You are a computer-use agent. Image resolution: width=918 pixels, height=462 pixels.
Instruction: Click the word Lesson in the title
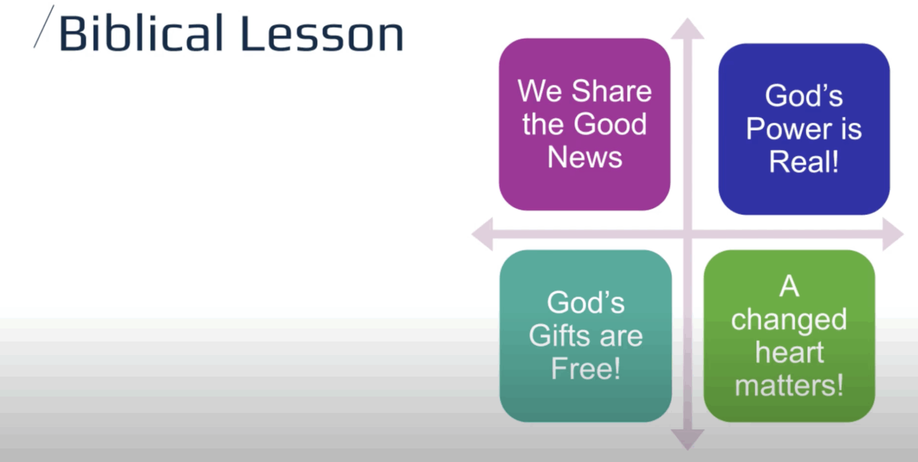pos(322,34)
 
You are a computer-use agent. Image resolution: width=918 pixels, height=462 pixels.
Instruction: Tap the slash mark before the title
pos(43,26)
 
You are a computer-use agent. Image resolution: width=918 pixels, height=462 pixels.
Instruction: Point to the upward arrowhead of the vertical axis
pos(687,29)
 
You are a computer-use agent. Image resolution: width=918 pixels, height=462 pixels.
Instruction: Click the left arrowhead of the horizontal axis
pos(482,234)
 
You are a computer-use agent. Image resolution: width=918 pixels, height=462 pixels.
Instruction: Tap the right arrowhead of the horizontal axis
pos(893,234)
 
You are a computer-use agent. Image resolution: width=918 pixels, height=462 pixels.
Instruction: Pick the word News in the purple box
pos(585,157)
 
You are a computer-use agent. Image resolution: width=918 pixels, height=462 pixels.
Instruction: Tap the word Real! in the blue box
pos(804,162)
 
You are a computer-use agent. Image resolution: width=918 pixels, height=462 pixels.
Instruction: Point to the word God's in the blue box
pos(804,96)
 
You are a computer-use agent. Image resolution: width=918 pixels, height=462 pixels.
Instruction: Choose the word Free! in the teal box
pos(585,369)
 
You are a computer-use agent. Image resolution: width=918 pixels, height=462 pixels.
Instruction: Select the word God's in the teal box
pos(586,303)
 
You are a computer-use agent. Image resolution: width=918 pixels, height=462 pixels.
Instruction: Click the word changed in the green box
pos(789,320)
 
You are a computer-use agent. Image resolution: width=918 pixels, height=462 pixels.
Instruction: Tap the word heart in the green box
pos(789,352)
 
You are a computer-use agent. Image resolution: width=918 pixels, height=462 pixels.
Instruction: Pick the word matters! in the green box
pos(789,385)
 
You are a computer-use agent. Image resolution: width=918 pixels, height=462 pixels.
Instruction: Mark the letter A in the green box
pos(789,286)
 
